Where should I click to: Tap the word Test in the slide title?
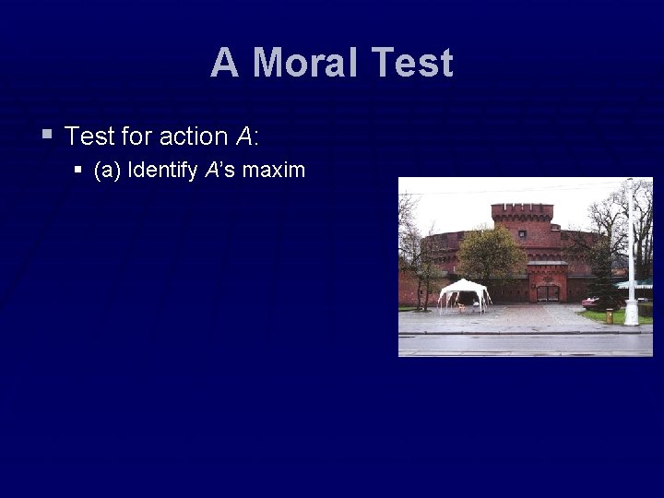click(x=413, y=63)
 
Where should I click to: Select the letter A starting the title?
click(x=224, y=63)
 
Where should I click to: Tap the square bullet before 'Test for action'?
click(x=47, y=136)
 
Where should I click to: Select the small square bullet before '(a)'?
click(x=78, y=171)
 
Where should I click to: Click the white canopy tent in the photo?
click(x=464, y=290)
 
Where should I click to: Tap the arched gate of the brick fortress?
click(x=547, y=291)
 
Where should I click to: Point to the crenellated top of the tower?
click(x=522, y=211)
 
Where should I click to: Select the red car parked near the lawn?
click(x=591, y=302)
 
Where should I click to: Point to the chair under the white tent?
click(x=461, y=307)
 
